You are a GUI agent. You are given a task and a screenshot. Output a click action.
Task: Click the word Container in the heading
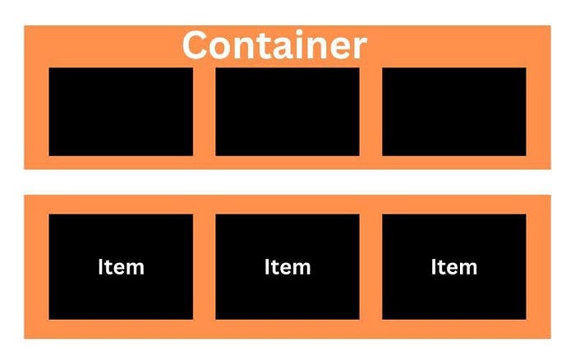point(274,45)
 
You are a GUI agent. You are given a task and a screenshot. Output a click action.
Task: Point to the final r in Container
point(359,48)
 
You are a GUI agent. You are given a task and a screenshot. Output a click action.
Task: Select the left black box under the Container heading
point(121,111)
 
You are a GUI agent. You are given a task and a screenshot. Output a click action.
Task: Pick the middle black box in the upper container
point(287,111)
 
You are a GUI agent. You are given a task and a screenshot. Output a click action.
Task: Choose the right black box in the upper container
point(454,111)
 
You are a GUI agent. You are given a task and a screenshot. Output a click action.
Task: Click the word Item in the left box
point(121,267)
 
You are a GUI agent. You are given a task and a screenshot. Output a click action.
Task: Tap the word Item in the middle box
point(287,267)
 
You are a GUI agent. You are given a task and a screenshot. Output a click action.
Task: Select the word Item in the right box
point(454,267)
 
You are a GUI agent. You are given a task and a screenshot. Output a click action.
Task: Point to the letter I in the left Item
point(101,267)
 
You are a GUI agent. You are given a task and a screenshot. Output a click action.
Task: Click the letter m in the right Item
point(468,269)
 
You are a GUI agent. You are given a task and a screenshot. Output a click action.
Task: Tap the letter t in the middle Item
point(275,267)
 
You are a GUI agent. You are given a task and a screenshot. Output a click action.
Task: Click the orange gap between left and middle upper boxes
point(205,111)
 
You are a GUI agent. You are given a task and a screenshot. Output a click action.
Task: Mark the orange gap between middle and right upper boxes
point(370,111)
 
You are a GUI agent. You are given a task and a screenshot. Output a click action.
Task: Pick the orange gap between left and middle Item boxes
point(205,267)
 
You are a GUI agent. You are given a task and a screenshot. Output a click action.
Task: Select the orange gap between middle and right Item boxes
point(370,267)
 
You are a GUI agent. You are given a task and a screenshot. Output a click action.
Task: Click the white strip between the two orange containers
point(287,182)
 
